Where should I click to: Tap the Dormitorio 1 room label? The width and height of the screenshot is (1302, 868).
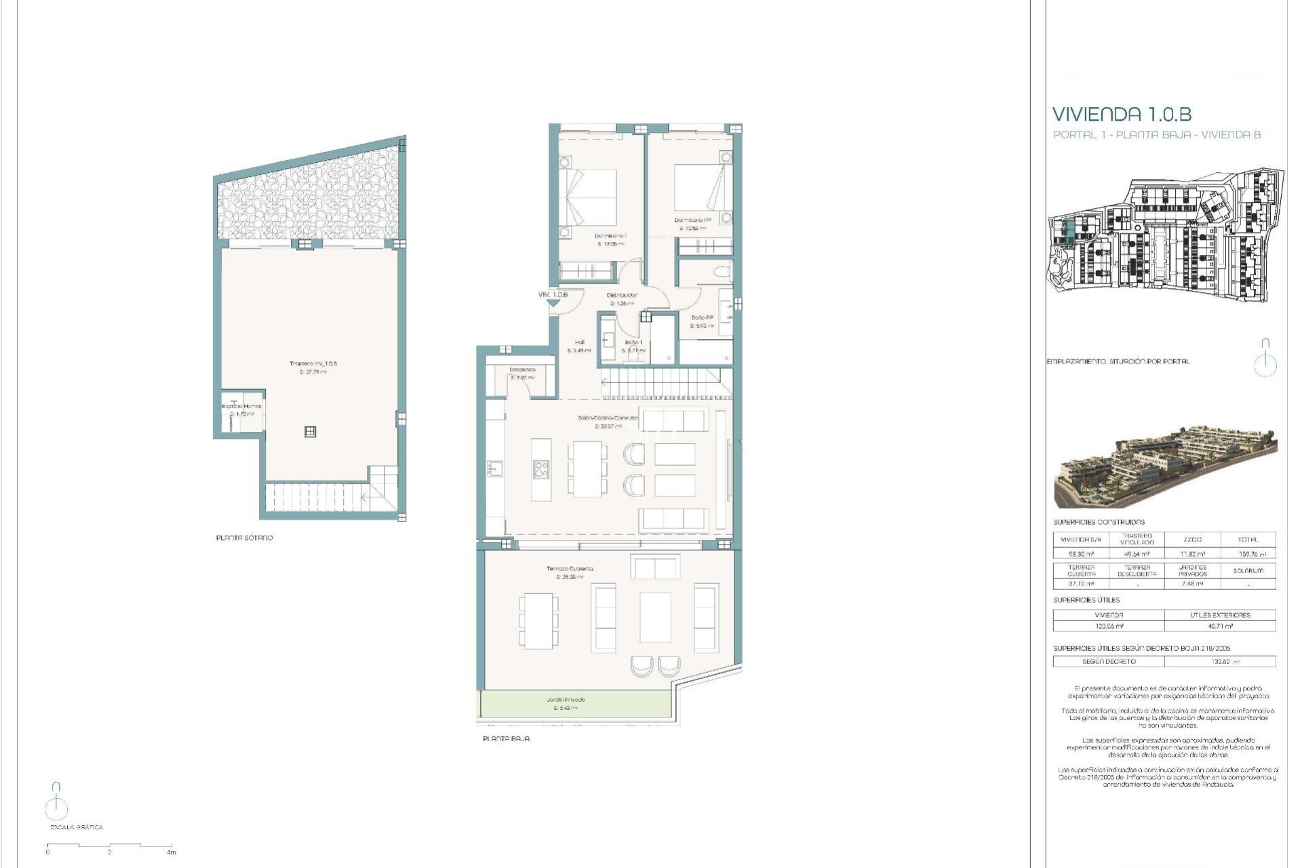tap(610, 236)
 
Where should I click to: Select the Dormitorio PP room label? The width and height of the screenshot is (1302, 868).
tap(692, 220)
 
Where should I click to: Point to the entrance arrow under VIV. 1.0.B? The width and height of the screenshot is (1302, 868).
tap(553, 304)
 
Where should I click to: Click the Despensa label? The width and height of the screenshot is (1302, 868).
tap(522, 370)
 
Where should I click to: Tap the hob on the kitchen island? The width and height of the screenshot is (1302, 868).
tap(540, 469)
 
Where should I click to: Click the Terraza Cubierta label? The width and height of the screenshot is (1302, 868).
tap(570, 569)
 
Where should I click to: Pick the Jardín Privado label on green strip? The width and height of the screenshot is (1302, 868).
tap(566, 700)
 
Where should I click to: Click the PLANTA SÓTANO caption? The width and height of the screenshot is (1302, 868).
tap(244, 538)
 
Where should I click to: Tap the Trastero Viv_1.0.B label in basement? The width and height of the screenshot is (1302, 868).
tap(313, 364)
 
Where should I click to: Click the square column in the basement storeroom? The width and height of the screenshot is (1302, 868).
tap(310, 431)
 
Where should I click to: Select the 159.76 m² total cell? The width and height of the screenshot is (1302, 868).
tap(1248, 554)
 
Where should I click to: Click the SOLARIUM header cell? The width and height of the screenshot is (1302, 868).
tap(1248, 570)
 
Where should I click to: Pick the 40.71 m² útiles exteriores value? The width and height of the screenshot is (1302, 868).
tap(1220, 626)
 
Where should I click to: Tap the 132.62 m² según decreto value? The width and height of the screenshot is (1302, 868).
tap(1220, 661)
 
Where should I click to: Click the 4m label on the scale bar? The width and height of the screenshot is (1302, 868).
tap(171, 852)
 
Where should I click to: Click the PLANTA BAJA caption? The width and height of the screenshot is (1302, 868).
tap(506, 738)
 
